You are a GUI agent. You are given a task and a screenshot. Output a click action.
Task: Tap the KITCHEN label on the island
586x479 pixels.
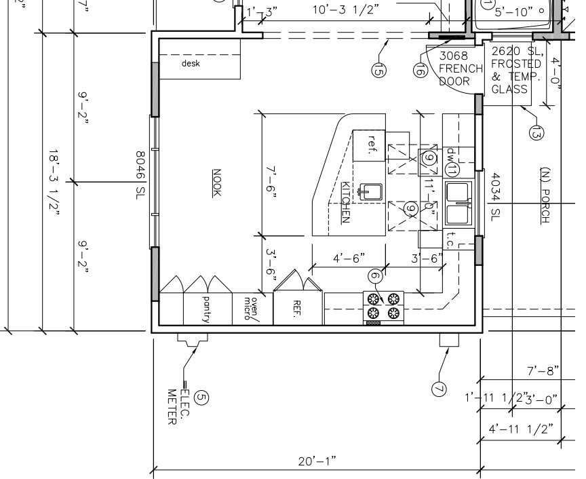pyautogui.click(x=345, y=202)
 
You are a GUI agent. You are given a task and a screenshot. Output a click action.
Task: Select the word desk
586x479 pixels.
pyautogui.click(x=191, y=64)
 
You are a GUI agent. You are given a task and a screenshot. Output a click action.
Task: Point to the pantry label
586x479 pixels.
pyautogui.click(x=206, y=309)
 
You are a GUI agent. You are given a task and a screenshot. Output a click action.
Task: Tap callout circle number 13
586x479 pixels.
pyautogui.click(x=536, y=133)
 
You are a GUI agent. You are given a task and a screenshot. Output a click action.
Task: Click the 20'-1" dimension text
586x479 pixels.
pyautogui.click(x=317, y=461)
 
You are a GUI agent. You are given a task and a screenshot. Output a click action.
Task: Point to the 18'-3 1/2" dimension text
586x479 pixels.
pyautogui.click(x=54, y=183)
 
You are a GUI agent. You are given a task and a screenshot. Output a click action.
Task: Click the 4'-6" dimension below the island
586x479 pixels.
pyautogui.click(x=349, y=258)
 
